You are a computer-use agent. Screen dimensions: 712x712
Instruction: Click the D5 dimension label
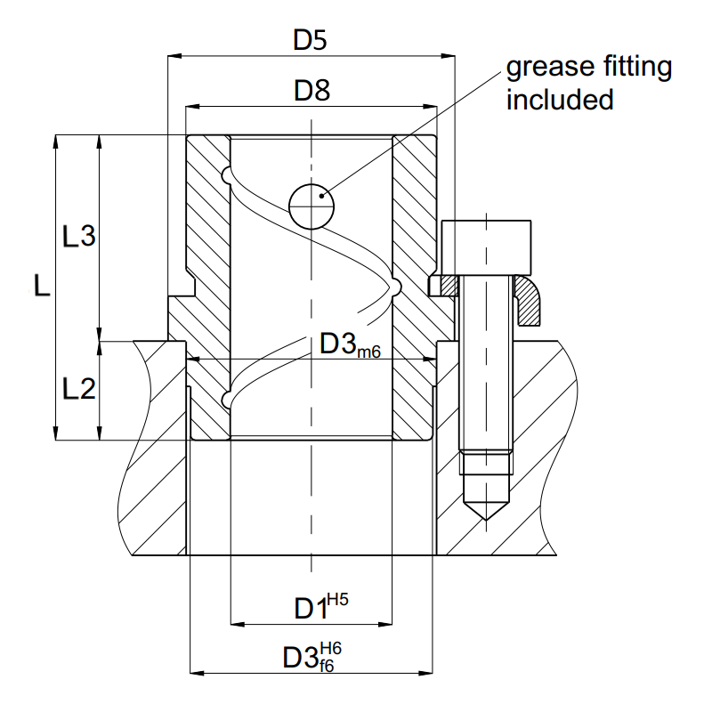click(311, 40)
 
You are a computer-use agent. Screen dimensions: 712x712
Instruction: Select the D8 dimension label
click(311, 90)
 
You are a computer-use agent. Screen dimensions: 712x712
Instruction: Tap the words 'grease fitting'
click(588, 68)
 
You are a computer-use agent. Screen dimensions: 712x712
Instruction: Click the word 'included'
click(560, 99)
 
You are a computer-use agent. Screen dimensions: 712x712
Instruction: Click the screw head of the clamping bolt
click(487, 247)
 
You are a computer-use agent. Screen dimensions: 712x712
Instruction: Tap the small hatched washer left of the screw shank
click(442, 286)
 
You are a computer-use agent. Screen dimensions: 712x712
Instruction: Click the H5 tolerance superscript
click(337, 599)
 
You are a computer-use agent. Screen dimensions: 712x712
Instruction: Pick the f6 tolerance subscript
click(327, 665)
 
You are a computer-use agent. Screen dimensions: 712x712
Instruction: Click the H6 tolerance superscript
click(329, 648)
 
